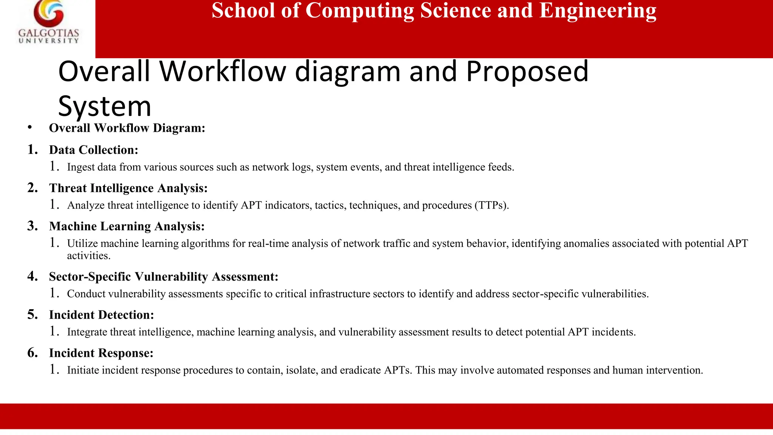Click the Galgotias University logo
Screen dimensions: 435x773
point(48,23)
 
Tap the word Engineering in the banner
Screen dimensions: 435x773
point(598,11)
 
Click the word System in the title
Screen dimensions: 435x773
point(105,106)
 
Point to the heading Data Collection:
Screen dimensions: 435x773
point(94,150)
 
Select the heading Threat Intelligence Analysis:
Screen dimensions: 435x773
point(128,188)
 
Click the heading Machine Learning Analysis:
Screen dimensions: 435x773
point(127,226)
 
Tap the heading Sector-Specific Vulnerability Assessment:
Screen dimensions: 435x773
point(163,277)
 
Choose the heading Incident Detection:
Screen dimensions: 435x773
point(102,315)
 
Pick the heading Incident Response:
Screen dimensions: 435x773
point(101,353)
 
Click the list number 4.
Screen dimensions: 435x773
point(32,276)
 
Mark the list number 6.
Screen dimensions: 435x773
point(32,353)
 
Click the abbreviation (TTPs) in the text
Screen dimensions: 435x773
point(492,205)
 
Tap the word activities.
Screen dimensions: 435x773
point(89,256)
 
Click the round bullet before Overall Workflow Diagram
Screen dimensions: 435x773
point(29,128)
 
